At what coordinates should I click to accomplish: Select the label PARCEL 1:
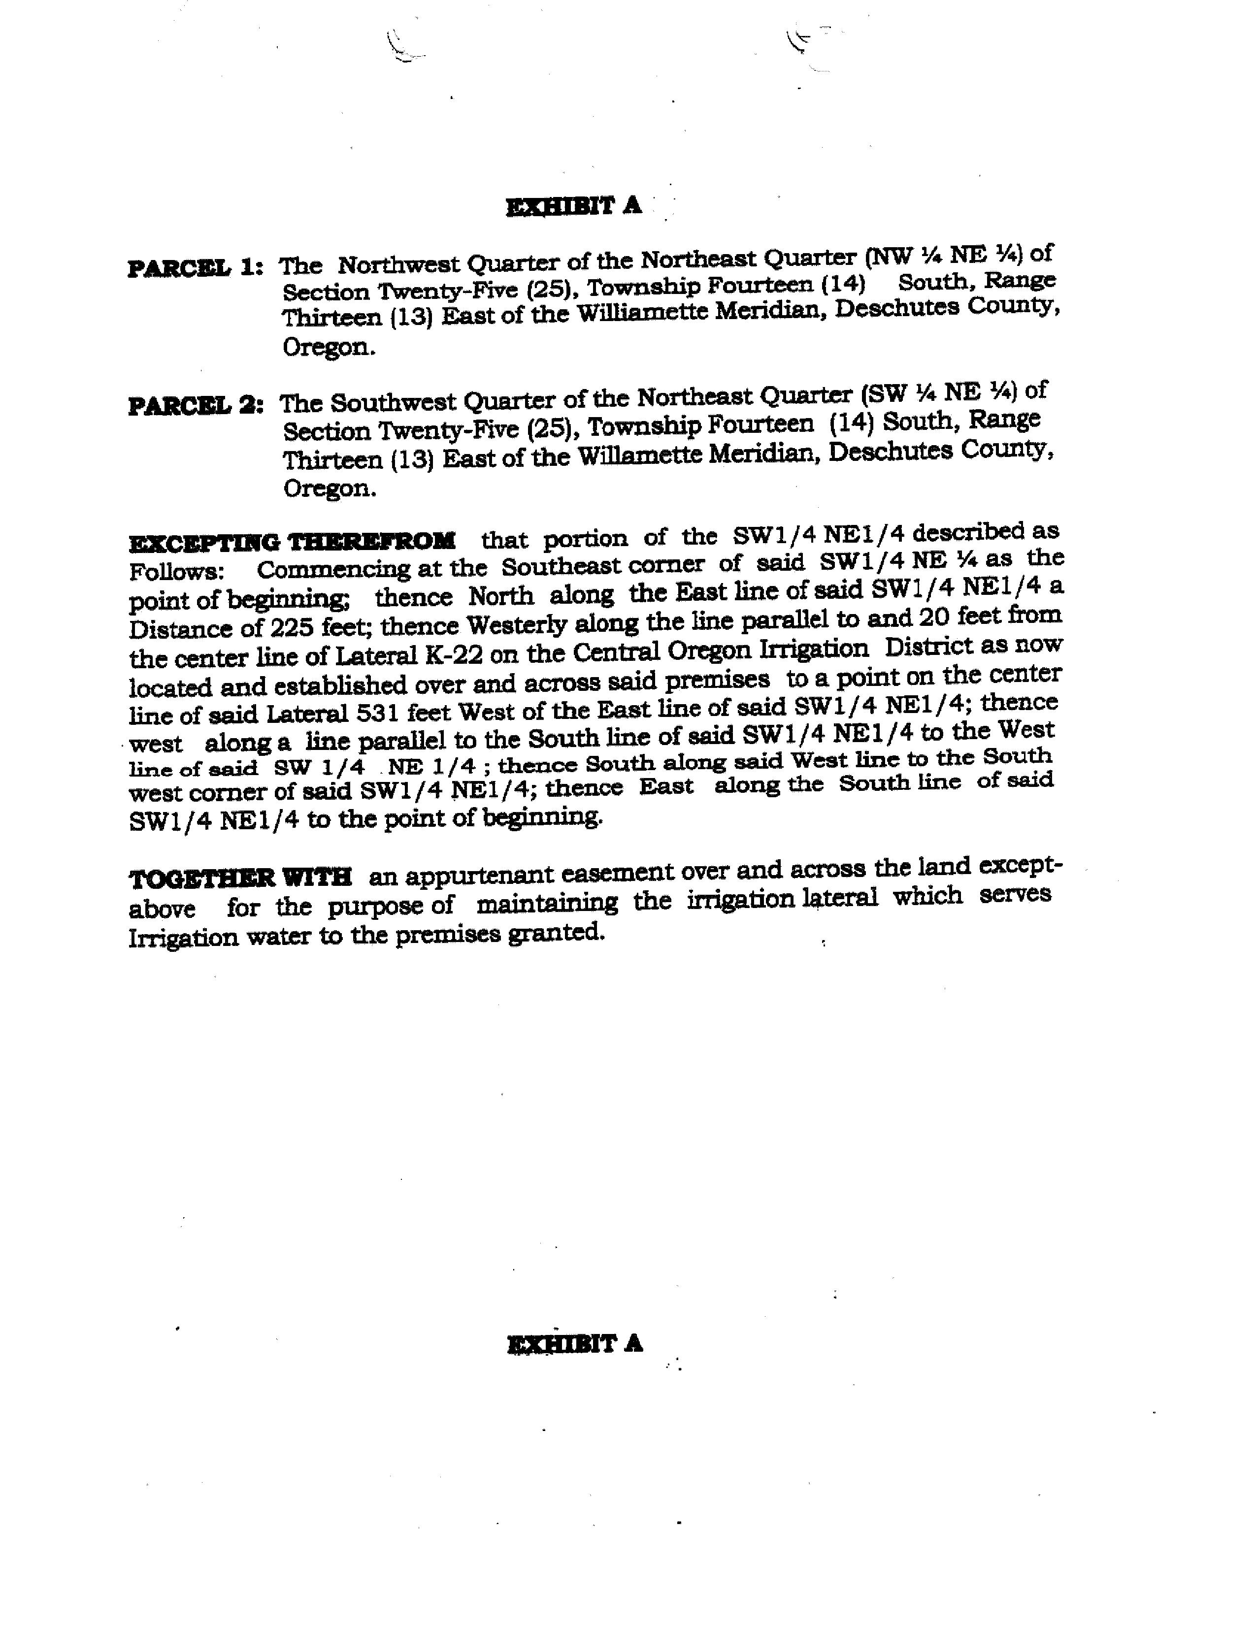click(195, 268)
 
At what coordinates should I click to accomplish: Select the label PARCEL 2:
click(196, 406)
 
